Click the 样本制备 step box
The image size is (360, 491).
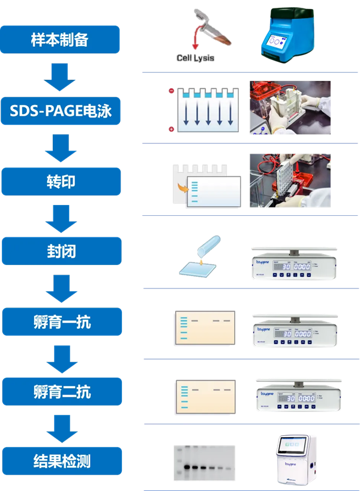pos(60,40)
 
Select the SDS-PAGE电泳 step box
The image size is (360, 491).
pos(61,110)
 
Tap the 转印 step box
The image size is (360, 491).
pos(61,181)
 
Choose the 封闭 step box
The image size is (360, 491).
pos(61,251)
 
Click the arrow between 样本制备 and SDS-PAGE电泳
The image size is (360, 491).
pos(60,76)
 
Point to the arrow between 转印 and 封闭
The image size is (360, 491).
pos(61,217)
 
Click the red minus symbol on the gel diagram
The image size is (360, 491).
pos(172,92)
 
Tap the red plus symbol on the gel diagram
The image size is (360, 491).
pos(172,129)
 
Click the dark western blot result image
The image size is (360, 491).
pos(204,463)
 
